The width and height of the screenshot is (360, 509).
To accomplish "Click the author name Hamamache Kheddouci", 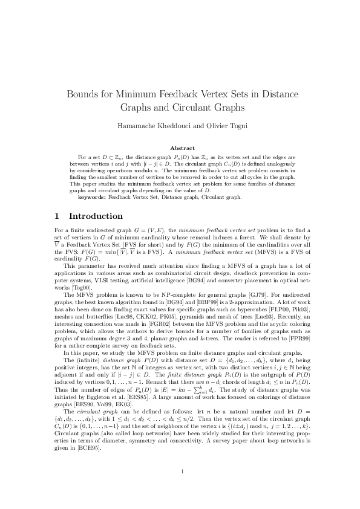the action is (x=143, y=126).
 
